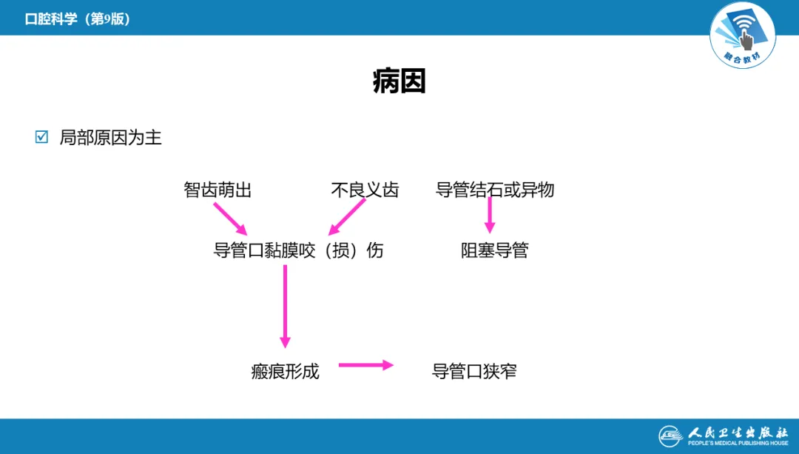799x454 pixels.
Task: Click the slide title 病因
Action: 399,82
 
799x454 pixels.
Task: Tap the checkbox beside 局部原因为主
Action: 41,137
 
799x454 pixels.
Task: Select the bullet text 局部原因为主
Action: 110,138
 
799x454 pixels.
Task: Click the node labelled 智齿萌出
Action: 218,190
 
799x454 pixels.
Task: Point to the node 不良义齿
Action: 365,190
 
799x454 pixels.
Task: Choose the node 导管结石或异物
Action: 495,190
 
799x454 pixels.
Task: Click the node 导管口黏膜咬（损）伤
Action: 298,250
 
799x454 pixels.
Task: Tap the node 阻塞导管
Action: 494,250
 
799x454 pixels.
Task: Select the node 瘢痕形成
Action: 285,371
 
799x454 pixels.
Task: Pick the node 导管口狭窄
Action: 474,371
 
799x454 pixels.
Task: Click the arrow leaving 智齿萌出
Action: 230,218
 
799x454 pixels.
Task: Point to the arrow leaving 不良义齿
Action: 347,218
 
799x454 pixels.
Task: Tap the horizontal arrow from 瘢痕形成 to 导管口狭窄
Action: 365,364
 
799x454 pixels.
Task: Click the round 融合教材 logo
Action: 742,35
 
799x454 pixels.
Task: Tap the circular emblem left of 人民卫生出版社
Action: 671,435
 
